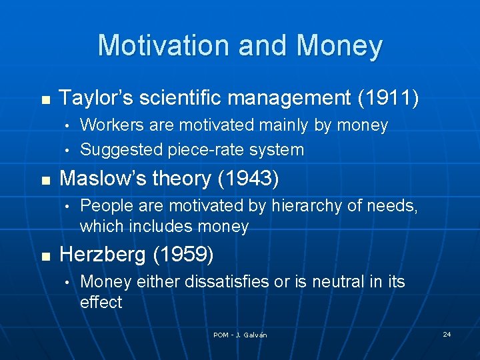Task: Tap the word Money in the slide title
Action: click(339, 46)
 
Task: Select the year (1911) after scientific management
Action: click(389, 99)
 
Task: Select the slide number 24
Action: click(447, 334)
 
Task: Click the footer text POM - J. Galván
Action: click(240, 335)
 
